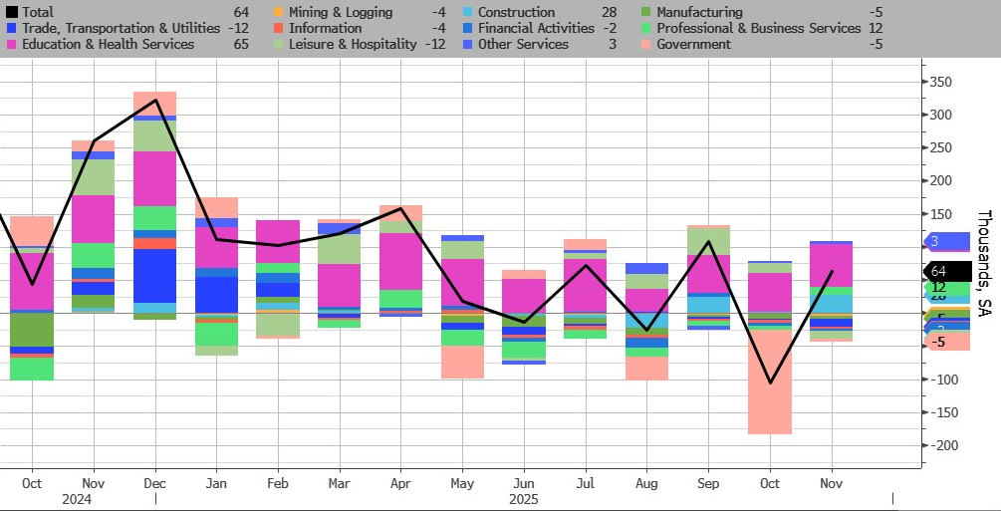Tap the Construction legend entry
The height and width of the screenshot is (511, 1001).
tap(515, 13)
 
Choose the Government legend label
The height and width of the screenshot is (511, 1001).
tap(693, 44)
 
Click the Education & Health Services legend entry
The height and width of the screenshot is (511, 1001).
tap(107, 44)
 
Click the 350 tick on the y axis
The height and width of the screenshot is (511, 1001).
tap(940, 82)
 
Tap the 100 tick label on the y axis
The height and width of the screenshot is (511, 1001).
tap(940, 247)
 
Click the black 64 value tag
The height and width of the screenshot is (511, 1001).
tap(946, 271)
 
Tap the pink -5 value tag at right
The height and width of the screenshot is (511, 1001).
tap(946, 342)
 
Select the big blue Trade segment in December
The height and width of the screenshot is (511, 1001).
tap(154, 275)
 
